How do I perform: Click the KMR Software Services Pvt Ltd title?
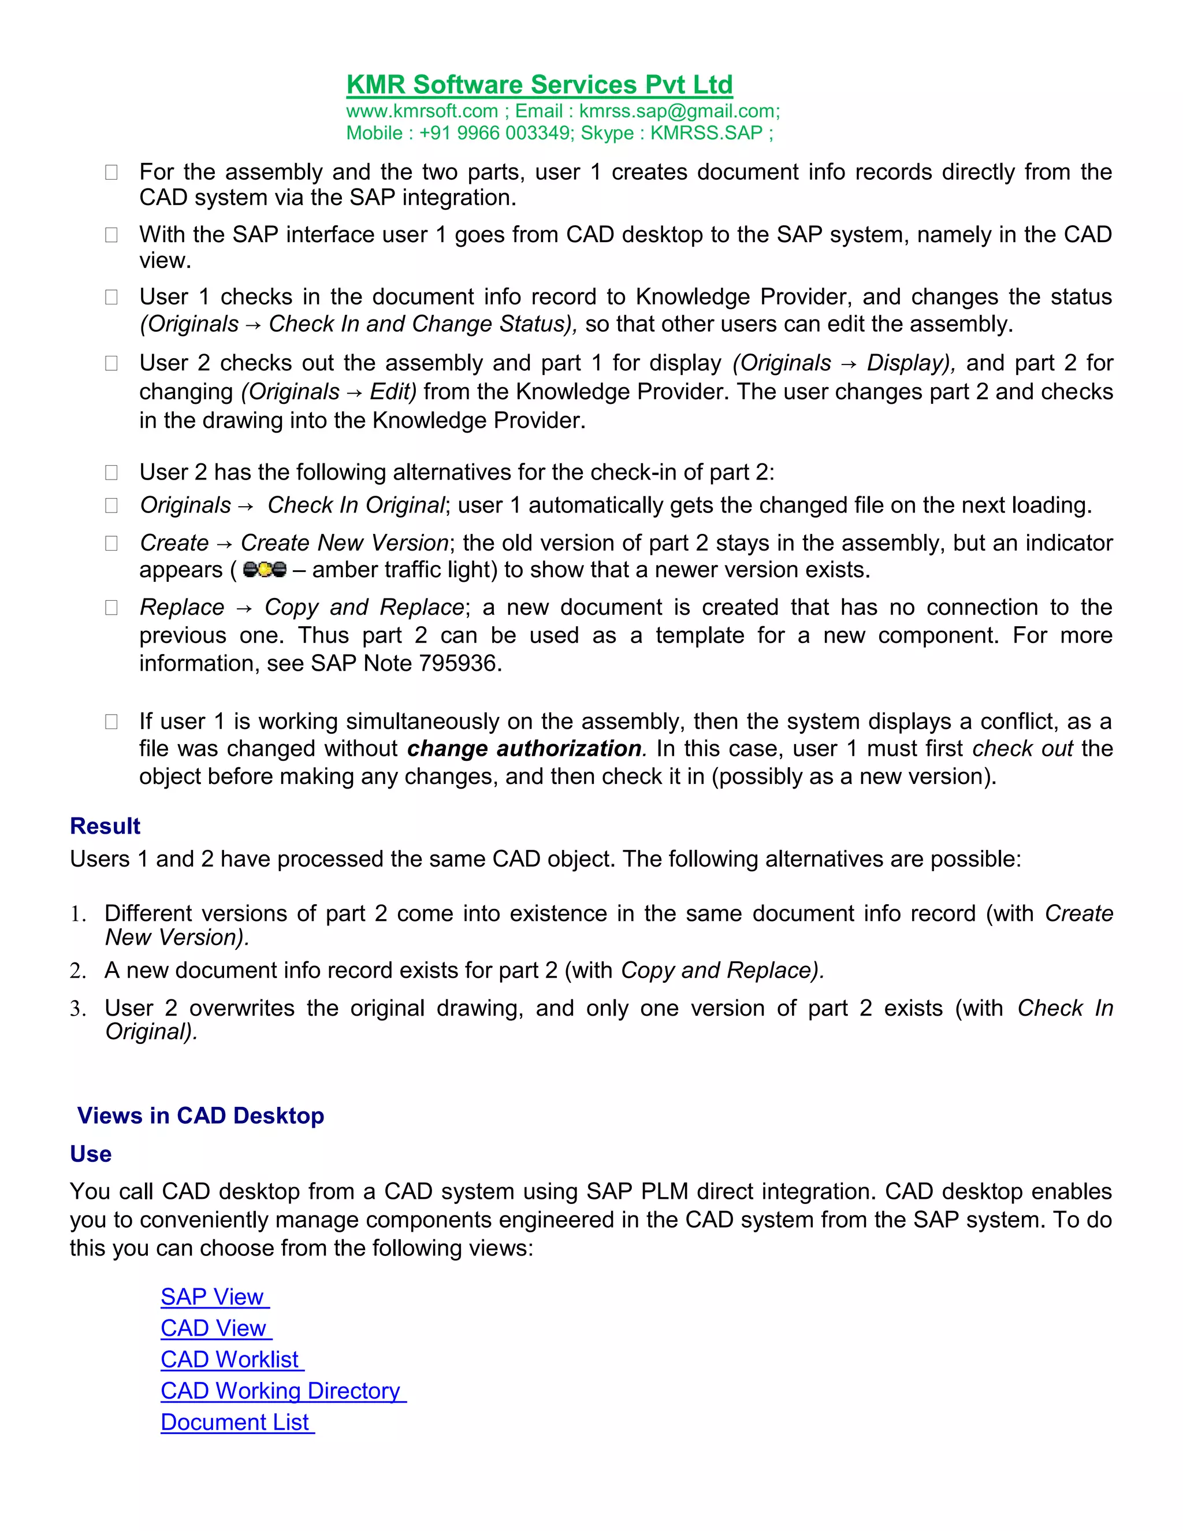[539, 85]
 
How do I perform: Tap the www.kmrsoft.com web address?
[422, 112]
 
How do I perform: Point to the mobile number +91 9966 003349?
[495, 133]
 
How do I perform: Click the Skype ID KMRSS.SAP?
[706, 133]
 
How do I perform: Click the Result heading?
[105, 826]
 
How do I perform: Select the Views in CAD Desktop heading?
[200, 1115]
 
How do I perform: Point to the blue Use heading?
[91, 1154]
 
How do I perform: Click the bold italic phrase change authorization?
[524, 749]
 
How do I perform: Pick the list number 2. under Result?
[78, 971]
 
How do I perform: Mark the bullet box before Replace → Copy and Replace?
[111, 607]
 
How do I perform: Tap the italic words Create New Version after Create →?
[344, 542]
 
